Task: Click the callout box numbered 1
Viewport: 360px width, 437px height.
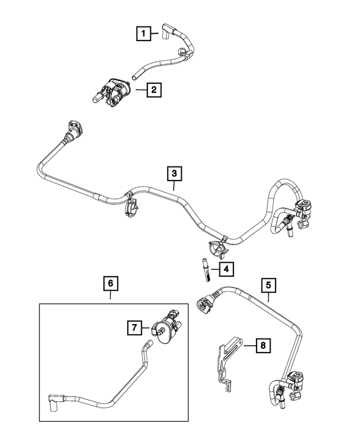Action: pos(144,35)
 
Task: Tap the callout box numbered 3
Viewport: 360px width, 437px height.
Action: pos(174,173)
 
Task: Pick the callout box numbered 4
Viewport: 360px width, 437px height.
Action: pos(225,269)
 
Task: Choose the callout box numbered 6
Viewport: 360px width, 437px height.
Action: pos(110,284)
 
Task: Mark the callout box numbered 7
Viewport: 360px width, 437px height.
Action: pos(134,326)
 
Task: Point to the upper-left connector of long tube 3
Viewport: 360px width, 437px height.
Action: pos(74,129)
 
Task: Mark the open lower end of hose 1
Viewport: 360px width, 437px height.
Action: pos(134,74)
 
